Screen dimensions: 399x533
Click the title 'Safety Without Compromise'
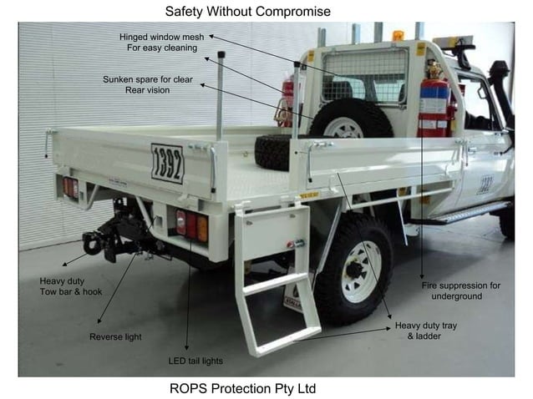(247, 12)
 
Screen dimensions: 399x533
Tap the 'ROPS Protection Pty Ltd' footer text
(242, 388)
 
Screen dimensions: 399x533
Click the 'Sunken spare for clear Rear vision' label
(147, 84)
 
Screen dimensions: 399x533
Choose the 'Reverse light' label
(115, 336)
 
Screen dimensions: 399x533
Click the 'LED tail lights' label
(195, 361)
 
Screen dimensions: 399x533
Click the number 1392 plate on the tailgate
(167, 164)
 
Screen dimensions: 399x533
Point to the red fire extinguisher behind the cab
(433, 104)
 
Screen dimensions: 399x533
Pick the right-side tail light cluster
(191, 226)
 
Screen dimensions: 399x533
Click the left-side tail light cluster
(70, 187)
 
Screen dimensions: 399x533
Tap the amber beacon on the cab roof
(398, 36)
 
